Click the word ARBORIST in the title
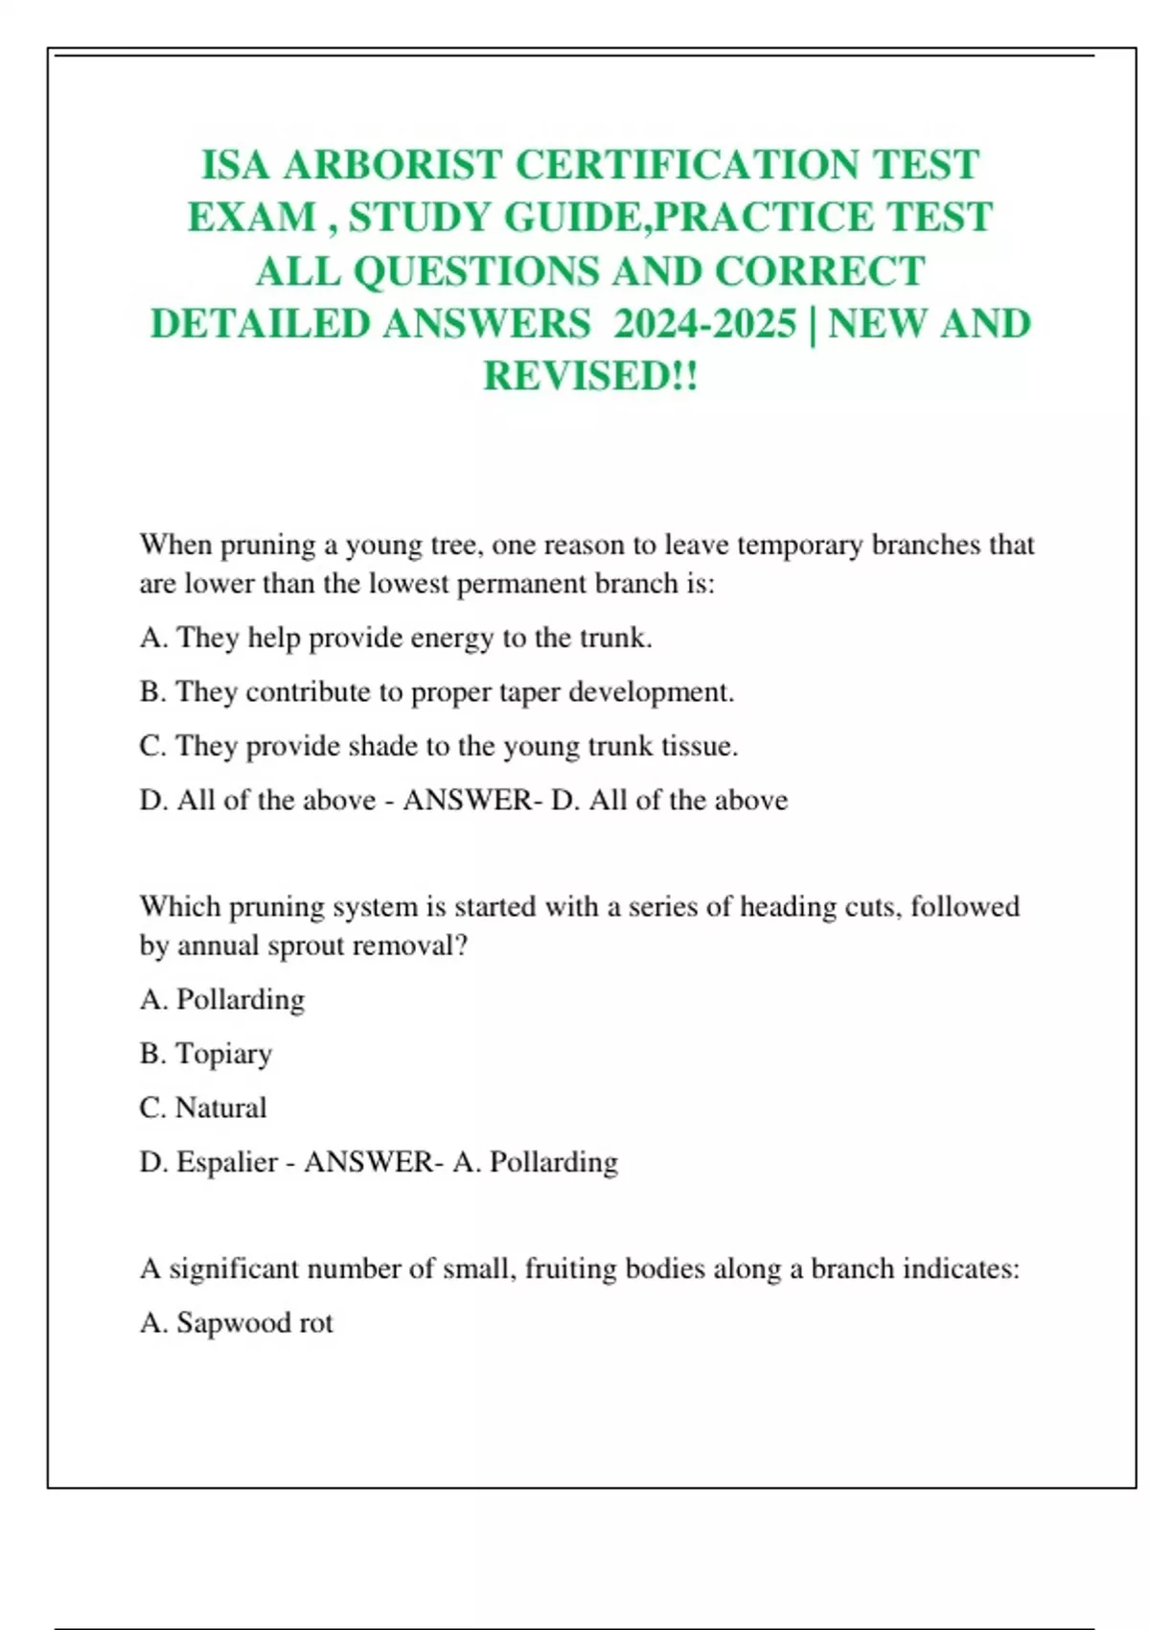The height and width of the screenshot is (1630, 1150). tap(393, 165)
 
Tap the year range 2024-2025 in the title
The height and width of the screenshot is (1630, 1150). tap(704, 324)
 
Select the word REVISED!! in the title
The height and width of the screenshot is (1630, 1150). tap(590, 376)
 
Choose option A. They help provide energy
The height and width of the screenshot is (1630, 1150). tap(396, 638)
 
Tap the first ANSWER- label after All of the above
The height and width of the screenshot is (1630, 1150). tap(472, 801)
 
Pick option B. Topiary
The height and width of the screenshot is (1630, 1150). tap(206, 1054)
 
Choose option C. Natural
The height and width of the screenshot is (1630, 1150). tap(203, 1107)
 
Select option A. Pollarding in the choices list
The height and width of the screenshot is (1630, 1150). tap(222, 1000)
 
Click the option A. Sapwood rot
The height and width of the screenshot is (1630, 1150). tap(237, 1323)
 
